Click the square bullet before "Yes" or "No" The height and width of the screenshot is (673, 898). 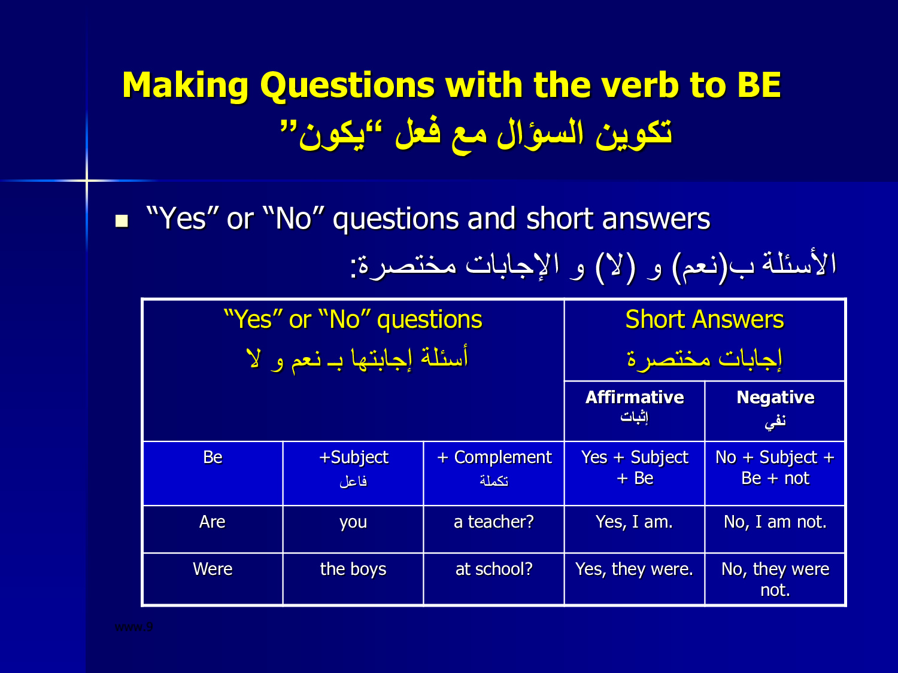click(x=122, y=221)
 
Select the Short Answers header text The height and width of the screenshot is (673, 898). click(x=705, y=319)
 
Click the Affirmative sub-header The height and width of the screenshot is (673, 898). click(x=635, y=397)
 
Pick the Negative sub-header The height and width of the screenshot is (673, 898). click(x=775, y=397)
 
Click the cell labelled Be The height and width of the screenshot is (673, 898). click(x=213, y=473)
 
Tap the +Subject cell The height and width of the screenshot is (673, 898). click(x=353, y=473)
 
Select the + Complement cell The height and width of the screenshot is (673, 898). click(x=494, y=473)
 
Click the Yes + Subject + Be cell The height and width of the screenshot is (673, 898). click(x=635, y=473)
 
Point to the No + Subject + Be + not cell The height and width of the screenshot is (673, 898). click(x=775, y=473)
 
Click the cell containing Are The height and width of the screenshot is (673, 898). click(x=213, y=529)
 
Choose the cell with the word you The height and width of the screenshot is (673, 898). click(x=353, y=529)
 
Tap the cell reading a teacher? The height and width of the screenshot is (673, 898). click(x=494, y=529)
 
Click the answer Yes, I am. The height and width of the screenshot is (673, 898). click(x=634, y=522)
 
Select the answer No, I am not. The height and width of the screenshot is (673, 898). click(x=775, y=522)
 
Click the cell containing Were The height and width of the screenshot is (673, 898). click(x=213, y=578)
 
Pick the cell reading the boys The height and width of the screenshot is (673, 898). click(x=353, y=578)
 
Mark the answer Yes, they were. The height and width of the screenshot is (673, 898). click(x=634, y=570)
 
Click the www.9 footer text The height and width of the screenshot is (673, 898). click(x=134, y=627)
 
